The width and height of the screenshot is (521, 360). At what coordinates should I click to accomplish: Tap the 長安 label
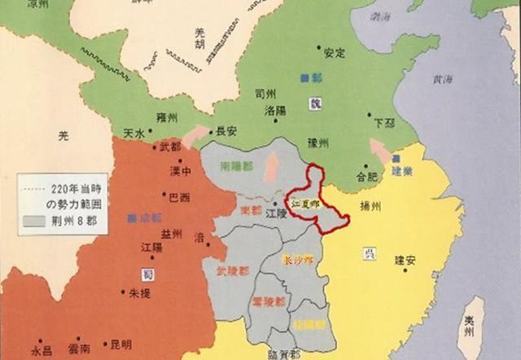point(225,130)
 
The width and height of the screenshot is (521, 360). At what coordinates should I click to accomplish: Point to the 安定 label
point(335,54)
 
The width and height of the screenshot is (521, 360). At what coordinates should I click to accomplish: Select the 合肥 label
point(367,175)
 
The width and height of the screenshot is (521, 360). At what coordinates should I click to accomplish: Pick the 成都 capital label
point(151,218)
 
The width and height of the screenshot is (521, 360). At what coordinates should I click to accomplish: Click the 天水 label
point(134,133)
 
